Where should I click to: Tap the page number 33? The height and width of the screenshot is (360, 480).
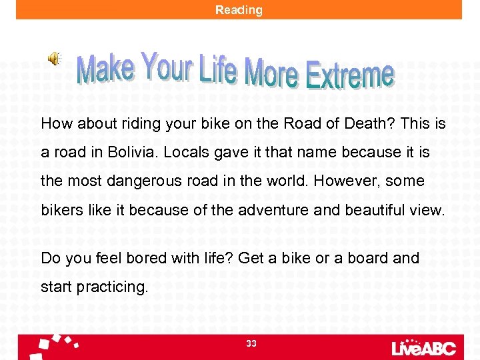[251, 343]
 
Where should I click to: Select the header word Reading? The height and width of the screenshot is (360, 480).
[239, 10]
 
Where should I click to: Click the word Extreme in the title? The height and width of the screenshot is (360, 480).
[349, 75]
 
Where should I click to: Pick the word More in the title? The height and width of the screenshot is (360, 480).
[271, 71]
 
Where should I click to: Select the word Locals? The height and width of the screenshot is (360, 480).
[187, 152]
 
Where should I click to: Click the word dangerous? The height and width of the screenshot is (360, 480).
[149, 181]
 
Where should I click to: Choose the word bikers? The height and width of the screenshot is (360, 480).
[61, 210]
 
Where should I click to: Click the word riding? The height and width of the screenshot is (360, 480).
[136, 124]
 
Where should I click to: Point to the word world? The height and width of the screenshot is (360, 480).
[287, 181]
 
